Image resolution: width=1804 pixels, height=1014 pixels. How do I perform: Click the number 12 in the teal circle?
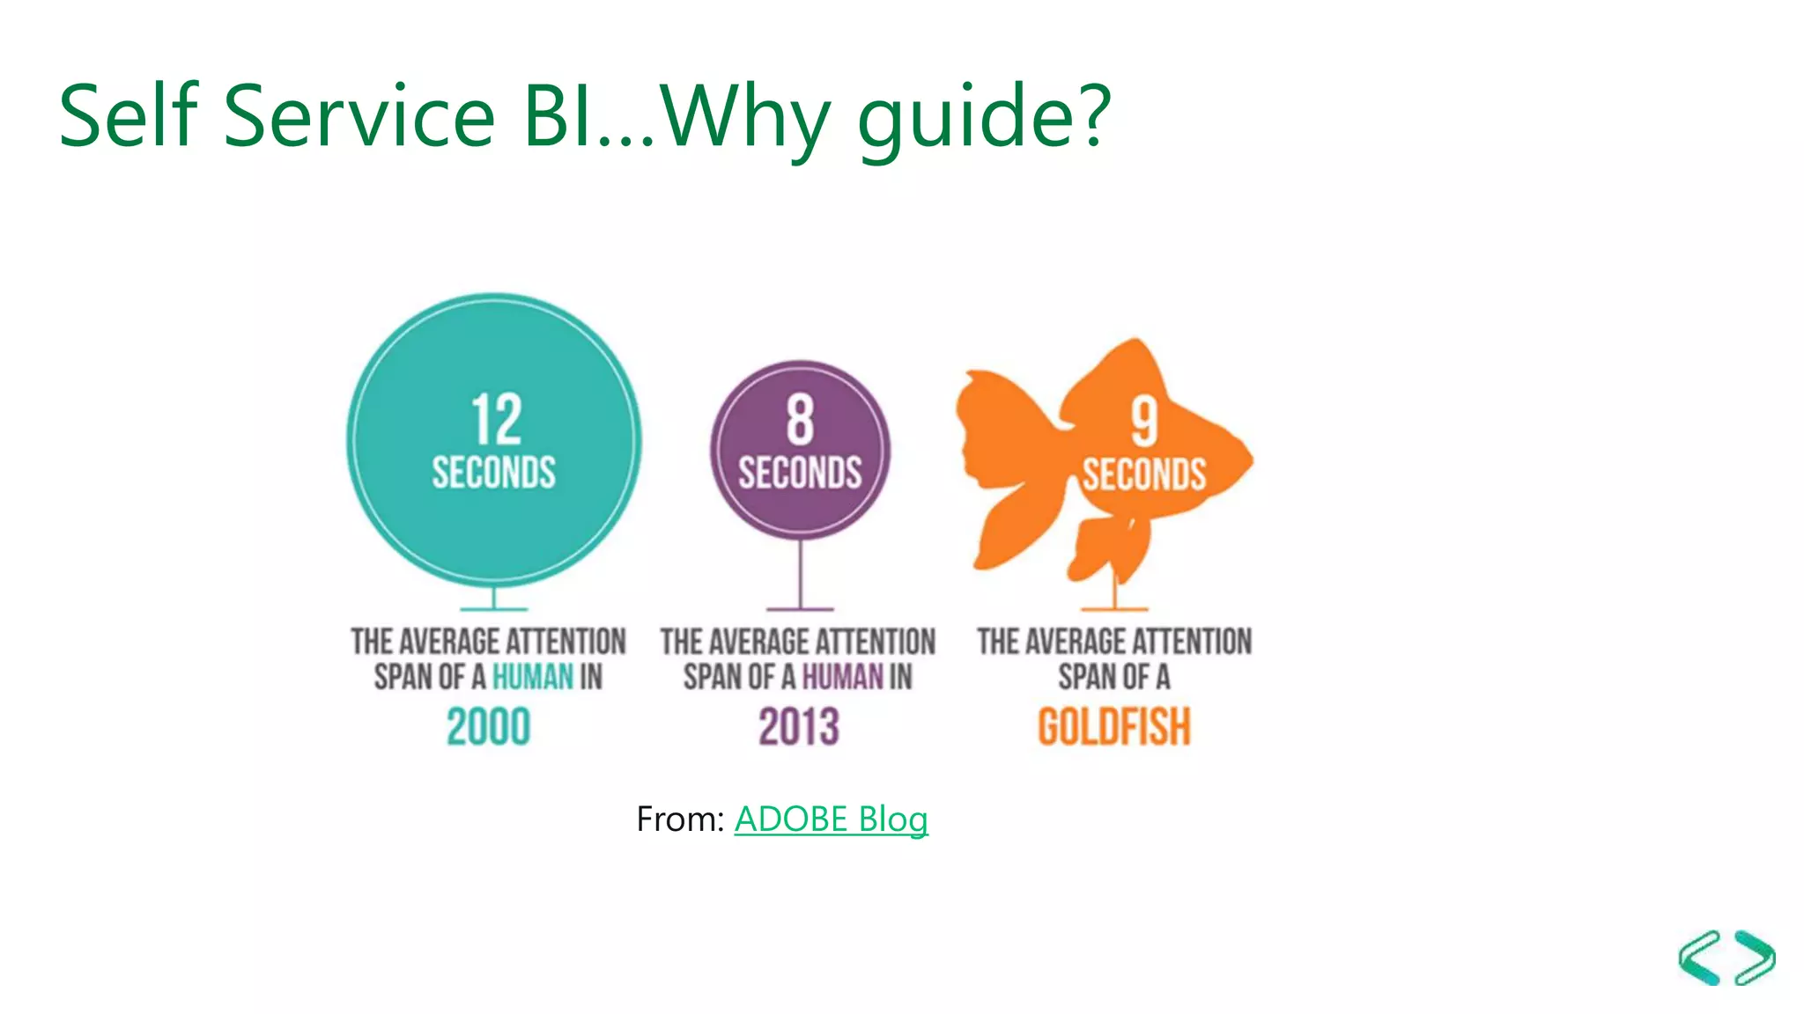coord(496,420)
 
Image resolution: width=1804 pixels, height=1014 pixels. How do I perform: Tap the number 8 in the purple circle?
coord(800,420)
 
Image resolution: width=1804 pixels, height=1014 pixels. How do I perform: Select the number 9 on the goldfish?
coord(1143,422)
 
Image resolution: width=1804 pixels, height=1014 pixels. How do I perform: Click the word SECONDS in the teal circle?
coord(493,473)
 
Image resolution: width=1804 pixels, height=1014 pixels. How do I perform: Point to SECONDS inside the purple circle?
coord(800,473)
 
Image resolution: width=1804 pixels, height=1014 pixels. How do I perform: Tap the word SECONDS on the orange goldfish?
coord(1143,474)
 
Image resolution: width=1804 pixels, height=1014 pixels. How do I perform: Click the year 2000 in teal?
coord(488,727)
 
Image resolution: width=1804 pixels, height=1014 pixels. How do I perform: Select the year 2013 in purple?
coord(799,727)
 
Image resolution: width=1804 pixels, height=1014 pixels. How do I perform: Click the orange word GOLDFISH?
coord(1113,727)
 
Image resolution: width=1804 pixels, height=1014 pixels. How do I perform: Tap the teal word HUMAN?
coord(532,677)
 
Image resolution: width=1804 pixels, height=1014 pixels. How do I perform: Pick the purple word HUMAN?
coord(842,677)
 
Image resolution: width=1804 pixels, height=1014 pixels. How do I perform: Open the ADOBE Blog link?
coord(831,819)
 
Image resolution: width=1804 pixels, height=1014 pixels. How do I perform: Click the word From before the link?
coord(678,819)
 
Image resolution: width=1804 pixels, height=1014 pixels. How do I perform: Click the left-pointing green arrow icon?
coord(1700,957)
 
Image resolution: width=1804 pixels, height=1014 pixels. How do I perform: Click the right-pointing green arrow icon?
coord(1756,957)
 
